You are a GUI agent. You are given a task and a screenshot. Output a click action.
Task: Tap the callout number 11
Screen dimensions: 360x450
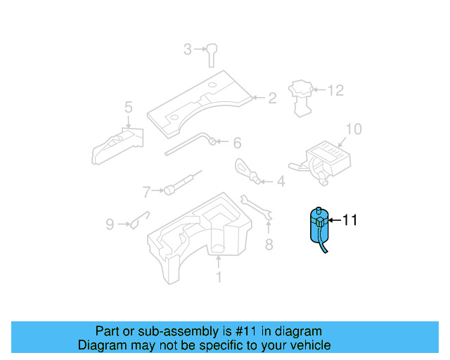(x=349, y=220)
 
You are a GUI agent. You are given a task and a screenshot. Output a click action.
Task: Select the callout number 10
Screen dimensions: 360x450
(x=353, y=129)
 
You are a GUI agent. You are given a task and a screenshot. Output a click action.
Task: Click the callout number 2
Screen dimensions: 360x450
(x=271, y=98)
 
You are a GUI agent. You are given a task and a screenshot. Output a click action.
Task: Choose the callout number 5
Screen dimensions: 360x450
(x=129, y=108)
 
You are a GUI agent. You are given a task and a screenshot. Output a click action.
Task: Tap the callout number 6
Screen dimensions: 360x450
(x=237, y=143)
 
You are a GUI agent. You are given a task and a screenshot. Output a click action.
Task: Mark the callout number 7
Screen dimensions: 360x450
(x=147, y=191)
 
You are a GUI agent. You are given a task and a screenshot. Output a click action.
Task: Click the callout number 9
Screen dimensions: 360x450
(x=110, y=224)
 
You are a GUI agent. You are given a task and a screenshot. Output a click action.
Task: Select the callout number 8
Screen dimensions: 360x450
(x=268, y=245)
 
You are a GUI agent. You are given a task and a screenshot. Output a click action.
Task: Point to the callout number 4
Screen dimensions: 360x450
(x=281, y=182)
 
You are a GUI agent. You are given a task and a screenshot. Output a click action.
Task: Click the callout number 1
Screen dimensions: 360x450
(x=218, y=277)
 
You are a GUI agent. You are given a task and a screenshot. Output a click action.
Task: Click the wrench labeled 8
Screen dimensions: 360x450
(x=255, y=207)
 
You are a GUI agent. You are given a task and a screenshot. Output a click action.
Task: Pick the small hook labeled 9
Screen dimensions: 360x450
(x=138, y=220)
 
